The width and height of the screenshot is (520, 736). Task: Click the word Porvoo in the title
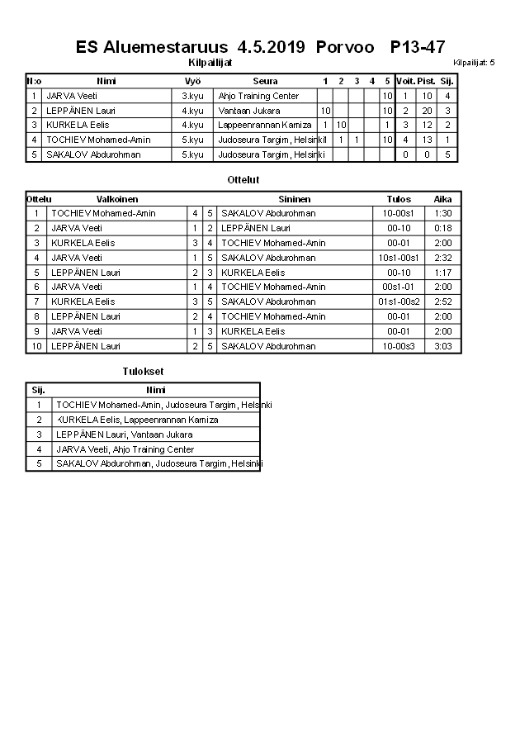pyautogui.click(x=344, y=47)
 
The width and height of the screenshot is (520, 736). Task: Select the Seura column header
pyautogui.click(x=265, y=81)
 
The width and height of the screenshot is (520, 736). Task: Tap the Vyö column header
pyautogui.click(x=192, y=81)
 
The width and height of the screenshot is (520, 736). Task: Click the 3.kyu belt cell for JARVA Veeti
pyautogui.click(x=192, y=96)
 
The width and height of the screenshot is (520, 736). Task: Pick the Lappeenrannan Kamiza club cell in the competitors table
pyautogui.click(x=265, y=125)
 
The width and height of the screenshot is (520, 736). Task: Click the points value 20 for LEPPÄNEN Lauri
pyautogui.click(x=427, y=111)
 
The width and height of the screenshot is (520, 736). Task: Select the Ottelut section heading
pyautogui.click(x=243, y=179)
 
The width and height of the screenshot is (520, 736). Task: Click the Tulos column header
pyautogui.click(x=399, y=199)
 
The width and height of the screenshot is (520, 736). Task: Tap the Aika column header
pyautogui.click(x=443, y=199)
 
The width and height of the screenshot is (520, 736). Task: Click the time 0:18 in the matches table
pyautogui.click(x=443, y=228)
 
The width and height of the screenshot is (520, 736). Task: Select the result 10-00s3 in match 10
pyautogui.click(x=399, y=346)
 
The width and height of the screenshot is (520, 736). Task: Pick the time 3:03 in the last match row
pyautogui.click(x=443, y=346)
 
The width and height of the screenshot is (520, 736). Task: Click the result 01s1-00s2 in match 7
pyautogui.click(x=399, y=302)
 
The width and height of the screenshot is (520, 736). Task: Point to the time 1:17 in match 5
pyautogui.click(x=443, y=273)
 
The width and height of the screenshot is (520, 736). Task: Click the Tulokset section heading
pyautogui.click(x=143, y=372)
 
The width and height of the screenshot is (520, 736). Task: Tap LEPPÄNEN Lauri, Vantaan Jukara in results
pyautogui.click(x=125, y=434)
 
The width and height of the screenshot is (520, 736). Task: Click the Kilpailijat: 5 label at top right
pyautogui.click(x=474, y=63)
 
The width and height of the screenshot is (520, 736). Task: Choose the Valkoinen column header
pyautogui.click(x=117, y=199)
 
